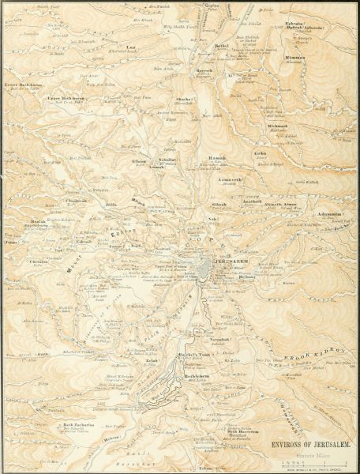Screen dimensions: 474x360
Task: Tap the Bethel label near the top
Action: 216,47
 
